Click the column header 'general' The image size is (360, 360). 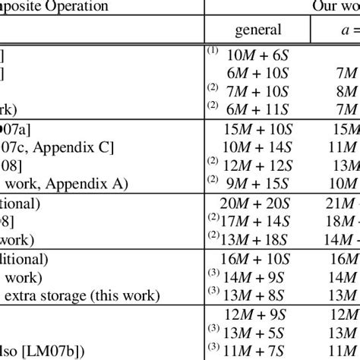[258, 30]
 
